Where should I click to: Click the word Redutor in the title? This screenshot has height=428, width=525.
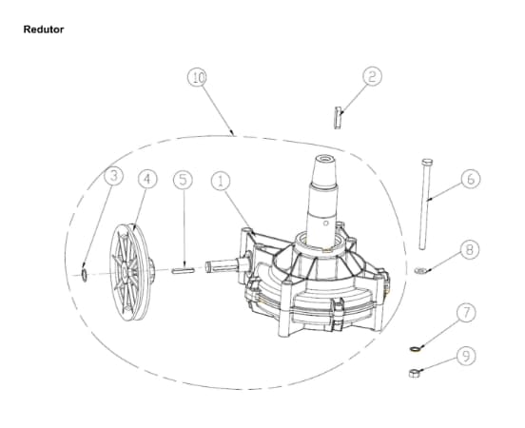coord(44,29)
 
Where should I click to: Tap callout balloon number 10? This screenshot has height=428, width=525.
coord(197,77)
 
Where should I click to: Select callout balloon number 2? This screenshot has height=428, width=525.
coord(372,76)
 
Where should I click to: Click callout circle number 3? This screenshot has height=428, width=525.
coord(113,176)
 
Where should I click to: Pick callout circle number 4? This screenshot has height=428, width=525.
coord(147,179)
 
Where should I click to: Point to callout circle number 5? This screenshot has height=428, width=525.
coord(183,180)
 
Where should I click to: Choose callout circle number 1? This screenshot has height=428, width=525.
coord(221,181)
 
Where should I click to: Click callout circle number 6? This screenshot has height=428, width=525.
coord(471,179)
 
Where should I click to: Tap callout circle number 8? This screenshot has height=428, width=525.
coord(470,249)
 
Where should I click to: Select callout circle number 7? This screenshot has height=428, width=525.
coord(466,313)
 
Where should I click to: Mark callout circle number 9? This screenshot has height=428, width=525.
coord(466,356)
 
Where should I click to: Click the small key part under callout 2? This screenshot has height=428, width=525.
coord(338,118)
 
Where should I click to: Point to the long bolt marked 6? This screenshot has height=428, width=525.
coord(424,204)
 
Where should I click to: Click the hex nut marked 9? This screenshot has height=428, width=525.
coord(414,373)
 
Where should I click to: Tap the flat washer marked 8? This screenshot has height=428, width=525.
coord(420,270)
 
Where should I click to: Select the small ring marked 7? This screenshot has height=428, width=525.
coord(415,349)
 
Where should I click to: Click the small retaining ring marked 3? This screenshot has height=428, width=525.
coord(85,275)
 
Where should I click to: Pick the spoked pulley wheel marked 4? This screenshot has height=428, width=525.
coord(132,272)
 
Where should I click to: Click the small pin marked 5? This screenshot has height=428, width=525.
coord(183,270)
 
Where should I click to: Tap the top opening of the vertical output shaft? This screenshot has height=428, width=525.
coord(324,158)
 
